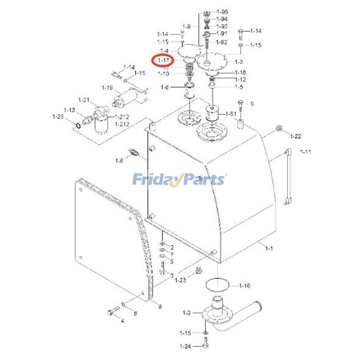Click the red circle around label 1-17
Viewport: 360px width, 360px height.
[x=163, y=59]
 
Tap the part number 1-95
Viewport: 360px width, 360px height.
[x=222, y=11]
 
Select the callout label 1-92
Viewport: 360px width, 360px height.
[x=222, y=42]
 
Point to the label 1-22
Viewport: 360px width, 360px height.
[x=296, y=136]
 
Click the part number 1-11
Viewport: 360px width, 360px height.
[x=306, y=152]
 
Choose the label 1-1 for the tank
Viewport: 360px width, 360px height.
[x=269, y=248]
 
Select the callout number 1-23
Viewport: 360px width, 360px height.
[x=180, y=280]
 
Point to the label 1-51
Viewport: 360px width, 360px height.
[x=231, y=114]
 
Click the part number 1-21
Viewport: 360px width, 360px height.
[x=84, y=100]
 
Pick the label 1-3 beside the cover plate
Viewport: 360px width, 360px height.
[x=238, y=62]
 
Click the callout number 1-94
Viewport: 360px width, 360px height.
[x=222, y=19]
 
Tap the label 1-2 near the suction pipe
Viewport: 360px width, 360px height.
[x=187, y=312]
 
